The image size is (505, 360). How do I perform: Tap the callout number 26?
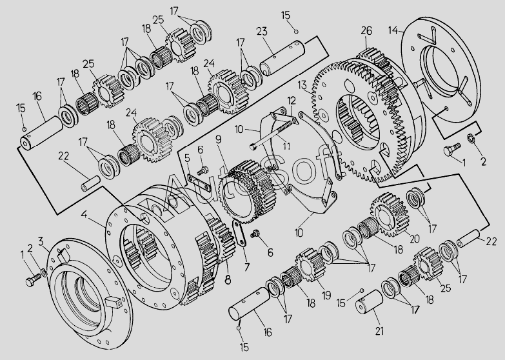366,30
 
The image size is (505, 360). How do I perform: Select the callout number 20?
414,238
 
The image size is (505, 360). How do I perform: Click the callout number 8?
226,280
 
